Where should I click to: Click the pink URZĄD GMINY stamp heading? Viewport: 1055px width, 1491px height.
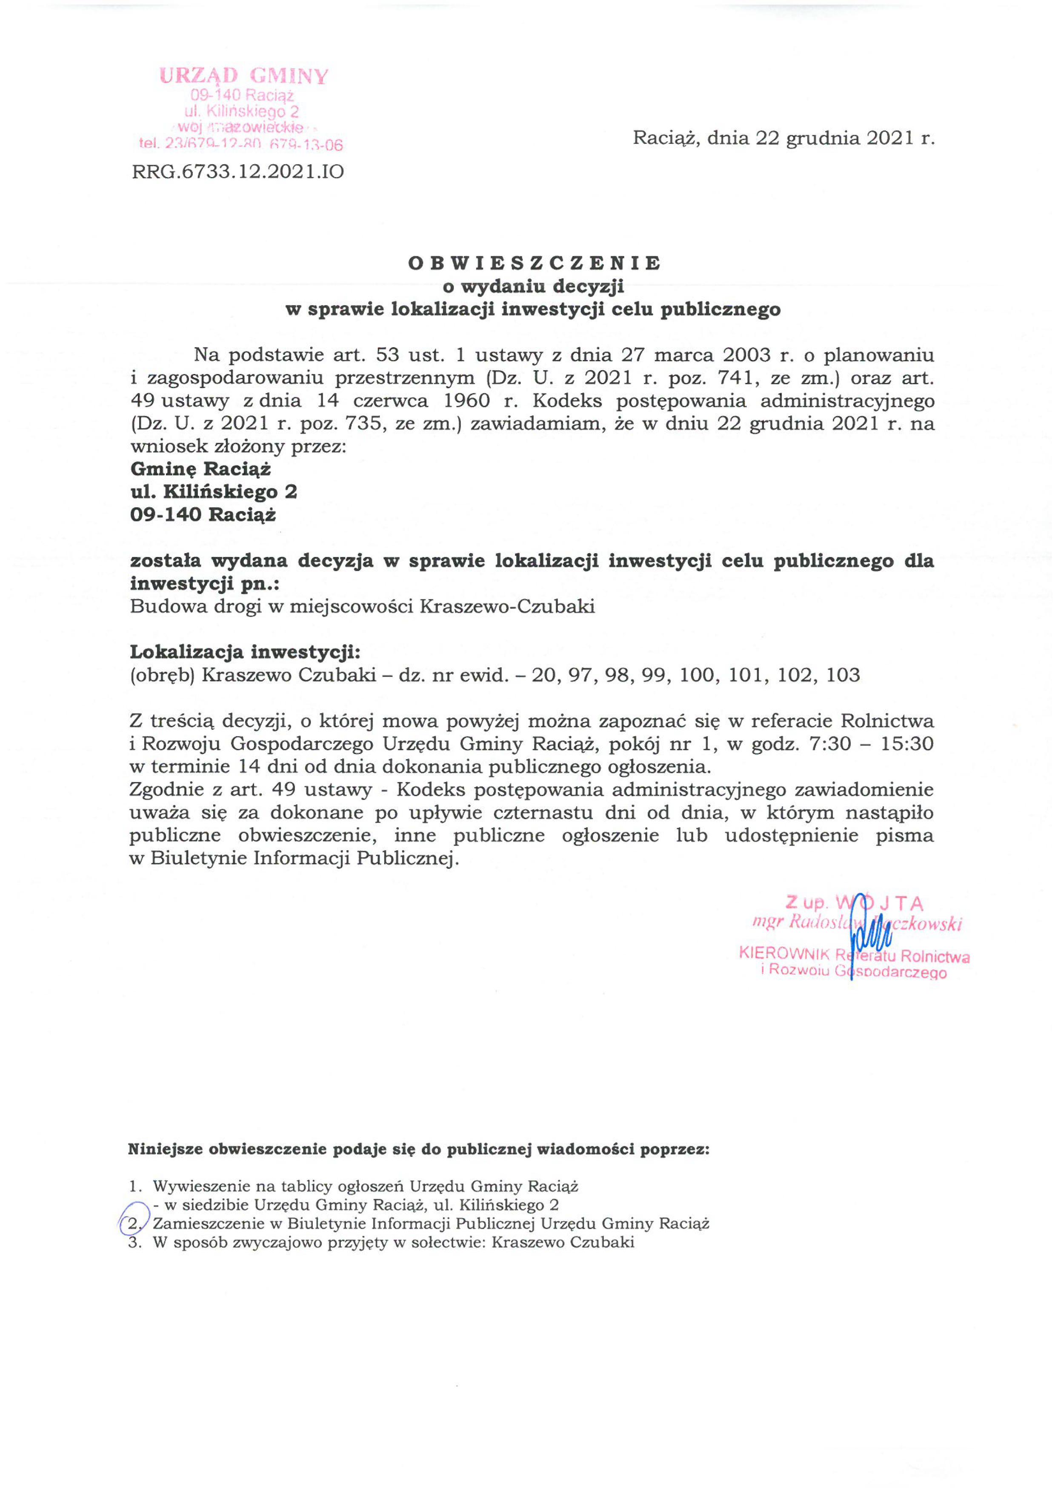pyautogui.click(x=243, y=77)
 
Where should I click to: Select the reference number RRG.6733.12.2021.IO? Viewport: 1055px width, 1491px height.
pyautogui.click(x=238, y=172)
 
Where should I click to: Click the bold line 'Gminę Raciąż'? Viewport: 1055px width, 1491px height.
pyautogui.click(x=201, y=469)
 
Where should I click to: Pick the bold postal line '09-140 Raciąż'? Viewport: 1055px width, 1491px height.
pyautogui.click(x=203, y=515)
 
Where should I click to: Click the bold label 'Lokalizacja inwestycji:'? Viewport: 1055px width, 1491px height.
pyautogui.click(x=245, y=652)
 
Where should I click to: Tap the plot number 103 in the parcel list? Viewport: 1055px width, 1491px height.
pyautogui.click(x=843, y=675)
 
